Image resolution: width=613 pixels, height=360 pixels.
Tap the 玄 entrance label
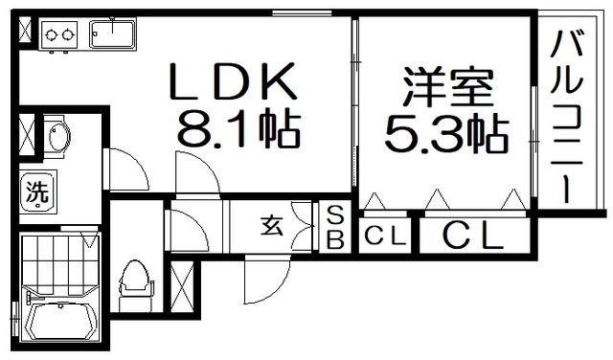tap(271, 227)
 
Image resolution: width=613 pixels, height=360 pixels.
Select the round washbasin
tap(55, 138)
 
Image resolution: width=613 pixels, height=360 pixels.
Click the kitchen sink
tap(114, 35)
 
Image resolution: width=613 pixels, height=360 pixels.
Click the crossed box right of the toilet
tap(180, 281)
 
